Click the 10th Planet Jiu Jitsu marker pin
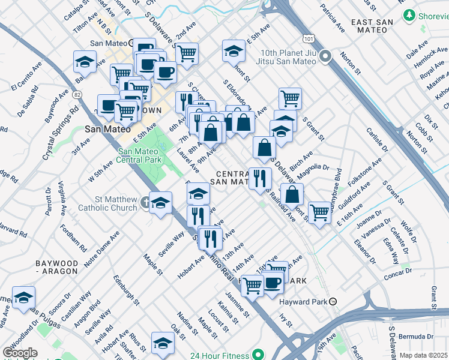coord(326,57)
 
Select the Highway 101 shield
coord(309,38)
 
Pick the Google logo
coord(20,353)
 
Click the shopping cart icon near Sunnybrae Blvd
coord(319,212)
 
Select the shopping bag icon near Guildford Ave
coord(292,194)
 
